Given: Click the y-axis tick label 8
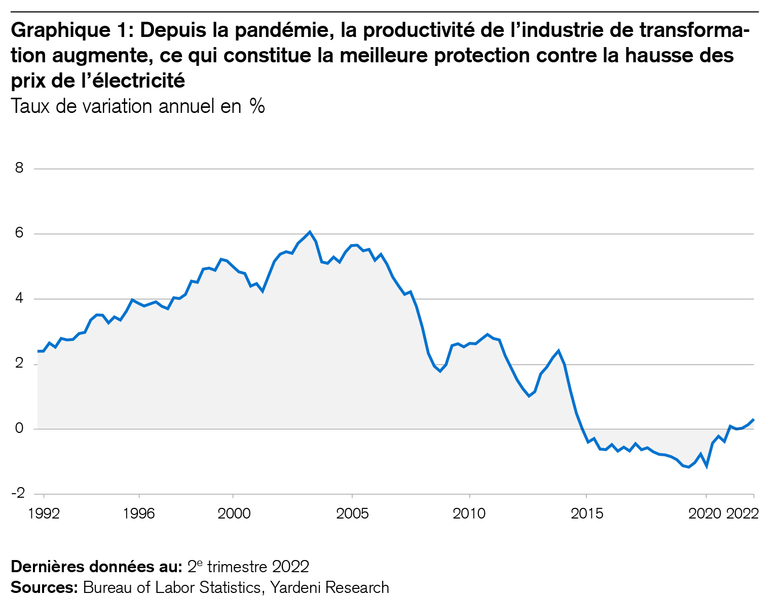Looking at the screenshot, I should [x=20, y=168].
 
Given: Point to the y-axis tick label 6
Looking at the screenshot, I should [x=20, y=233].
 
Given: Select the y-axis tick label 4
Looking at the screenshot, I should [x=20, y=299].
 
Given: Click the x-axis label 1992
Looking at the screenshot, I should [x=44, y=513].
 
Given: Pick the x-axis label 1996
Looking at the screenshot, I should [x=139, y=513].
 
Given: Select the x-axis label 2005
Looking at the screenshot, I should [x=352, y=513].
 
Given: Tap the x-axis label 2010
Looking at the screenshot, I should [x=469, y=513].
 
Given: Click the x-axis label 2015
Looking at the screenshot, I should [x=587, y=513].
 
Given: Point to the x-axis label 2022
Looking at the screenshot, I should [x=742, y=513].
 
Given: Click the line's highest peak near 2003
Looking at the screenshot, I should [x=310, y=232].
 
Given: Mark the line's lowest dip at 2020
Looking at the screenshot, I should [x=706, y=466].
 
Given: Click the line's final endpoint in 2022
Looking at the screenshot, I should [x=754, y=420].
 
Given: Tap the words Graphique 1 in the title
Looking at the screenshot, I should [x=71, y=31].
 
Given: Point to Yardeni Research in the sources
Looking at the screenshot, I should [x=329, y=587].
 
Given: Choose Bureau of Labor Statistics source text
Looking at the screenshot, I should [x=172, y=587].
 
